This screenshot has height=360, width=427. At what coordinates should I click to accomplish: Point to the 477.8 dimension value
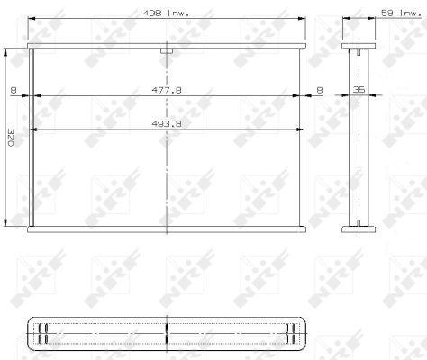[x=167, y=90]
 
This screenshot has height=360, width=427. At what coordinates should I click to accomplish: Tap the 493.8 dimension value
[x=167, y=126]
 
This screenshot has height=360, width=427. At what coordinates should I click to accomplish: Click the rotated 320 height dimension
[x=11, y=139]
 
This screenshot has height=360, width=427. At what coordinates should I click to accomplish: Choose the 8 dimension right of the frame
[x=321, y=90]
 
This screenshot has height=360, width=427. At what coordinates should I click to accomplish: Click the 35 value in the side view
[x=359, y=90]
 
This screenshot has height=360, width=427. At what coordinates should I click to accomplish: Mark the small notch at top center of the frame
[x=167, y=51]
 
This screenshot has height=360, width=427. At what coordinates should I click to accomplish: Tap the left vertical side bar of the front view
[x=32, y=139]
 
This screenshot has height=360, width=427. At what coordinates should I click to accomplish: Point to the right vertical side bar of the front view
[x=303, y=139]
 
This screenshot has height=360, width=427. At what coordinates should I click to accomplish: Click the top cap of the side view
[x=358, y=46]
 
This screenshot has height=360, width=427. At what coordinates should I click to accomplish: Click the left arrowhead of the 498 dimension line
[x=30, y=20]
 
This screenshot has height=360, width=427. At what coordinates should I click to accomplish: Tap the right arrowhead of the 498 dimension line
[x=305, y=20]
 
